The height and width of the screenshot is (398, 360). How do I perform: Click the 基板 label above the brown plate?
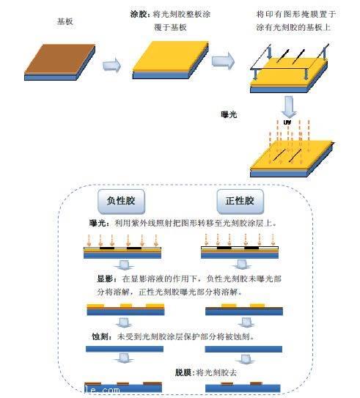click(x=65, y=22)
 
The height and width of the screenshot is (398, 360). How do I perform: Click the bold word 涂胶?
click(x=139, y=14)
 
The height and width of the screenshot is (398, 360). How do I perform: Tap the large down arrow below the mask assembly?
click(x=290, y=103)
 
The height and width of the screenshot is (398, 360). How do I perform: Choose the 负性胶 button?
click(x=123, y=201)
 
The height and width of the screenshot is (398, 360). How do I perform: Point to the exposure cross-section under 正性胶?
click(x=239, y=251)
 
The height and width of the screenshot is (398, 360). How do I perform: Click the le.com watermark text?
click(x=101, y=390)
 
